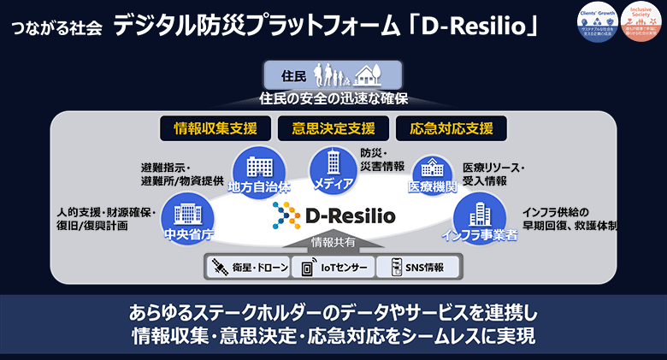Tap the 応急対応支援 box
[x=451, y=129]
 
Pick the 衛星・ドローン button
[x=247, y=269]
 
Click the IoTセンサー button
[x=333, y=269]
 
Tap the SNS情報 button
[x=416, y=269]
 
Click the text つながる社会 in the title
[x=58, y=27]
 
